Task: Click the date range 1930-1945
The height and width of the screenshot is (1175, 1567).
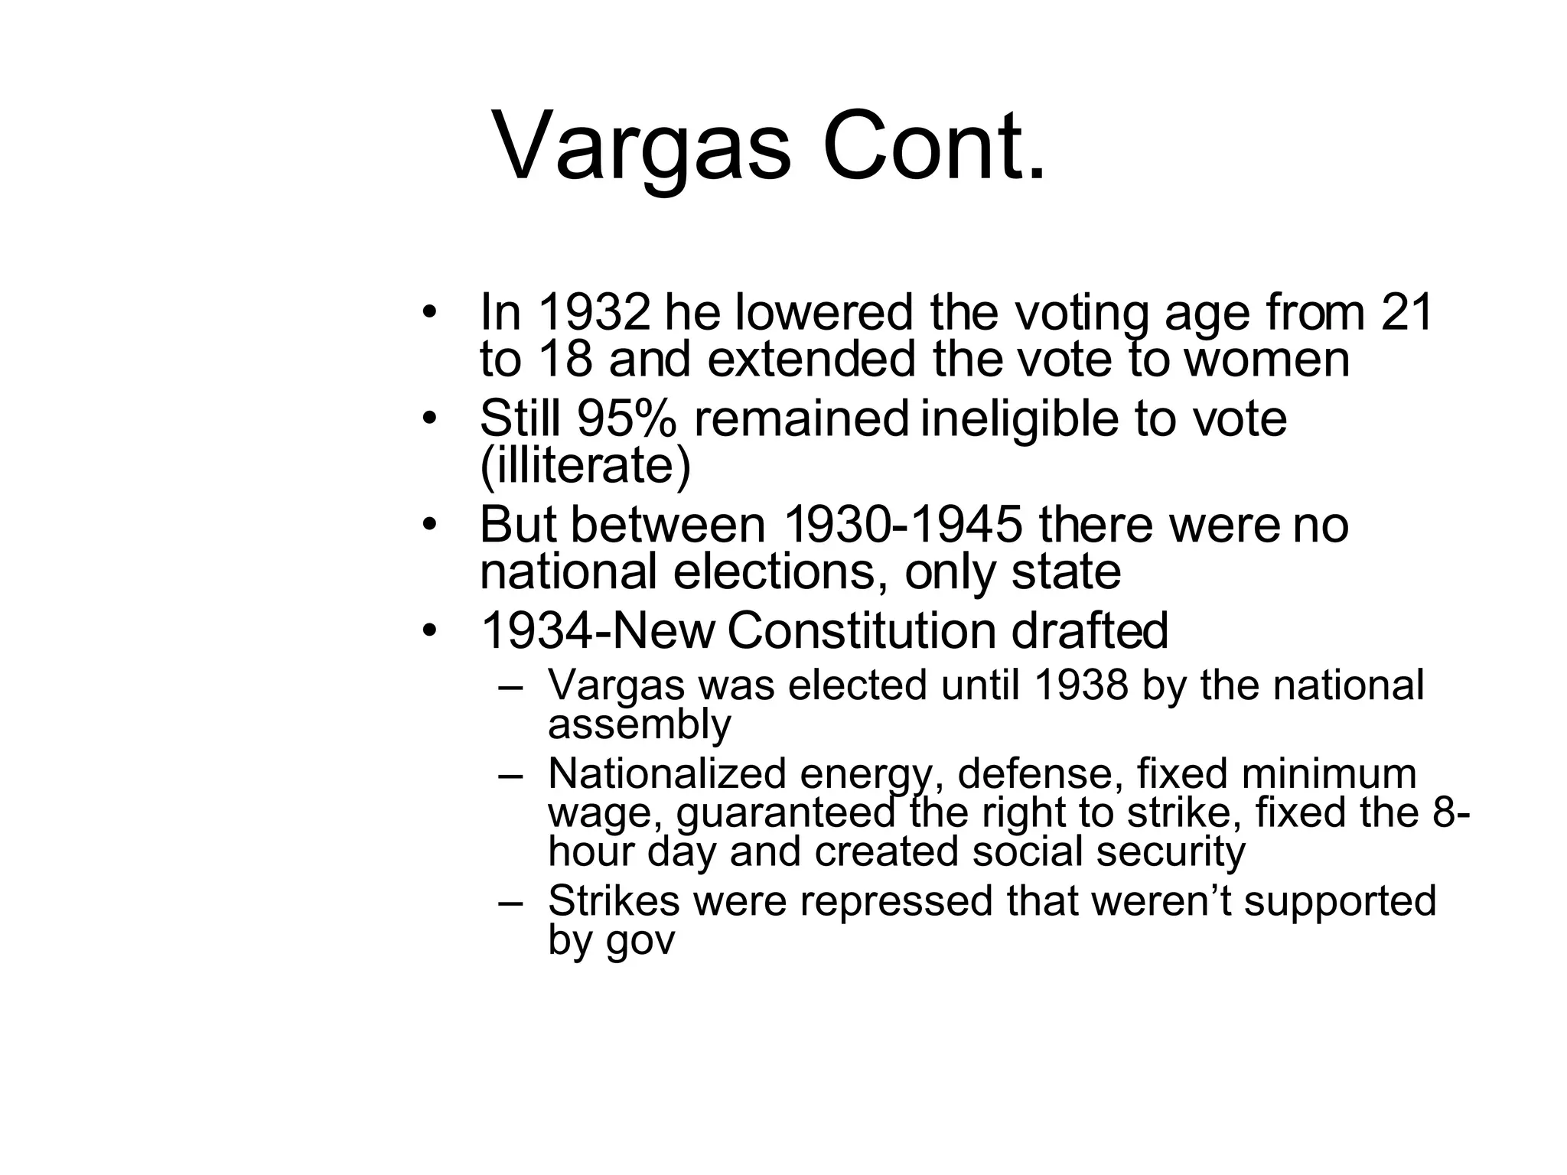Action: (x=904, y=525)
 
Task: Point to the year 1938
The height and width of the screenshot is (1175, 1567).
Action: (x=1080, y=685)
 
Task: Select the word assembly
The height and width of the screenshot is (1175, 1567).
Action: (x=640, y=724)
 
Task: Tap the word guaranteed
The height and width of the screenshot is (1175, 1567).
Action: (x=786, y=812)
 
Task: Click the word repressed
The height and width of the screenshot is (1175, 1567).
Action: (x=897, y=900)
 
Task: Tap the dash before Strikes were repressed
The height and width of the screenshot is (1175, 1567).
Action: (x=510, y=901)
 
